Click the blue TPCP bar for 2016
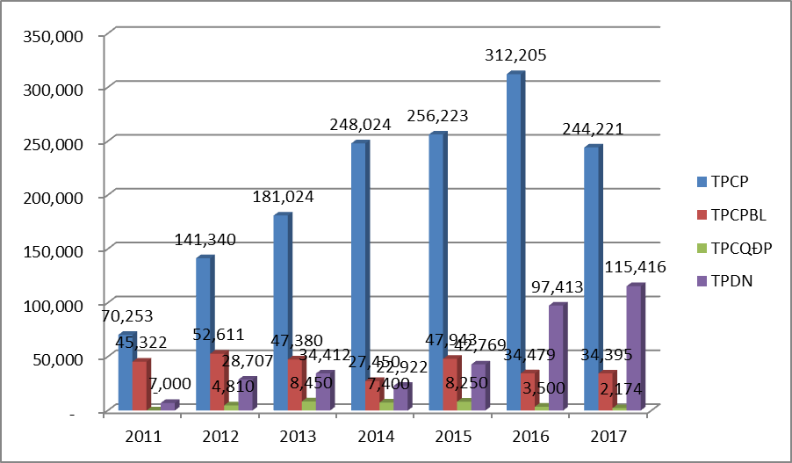click(514, 242)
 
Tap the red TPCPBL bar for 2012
click(219, 381)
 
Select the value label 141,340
click(205, 239)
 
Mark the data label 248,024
click(359, 125)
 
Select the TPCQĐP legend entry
click(723, 247)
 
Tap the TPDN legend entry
click(715, 279)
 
